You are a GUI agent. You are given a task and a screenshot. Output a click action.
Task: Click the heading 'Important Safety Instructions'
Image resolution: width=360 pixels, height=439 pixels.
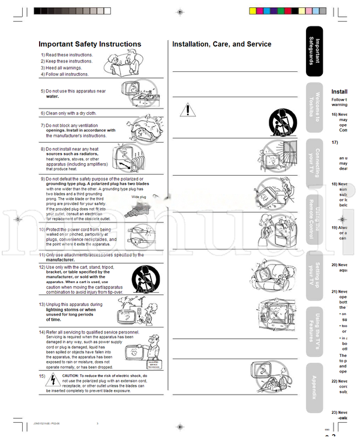(90, 44)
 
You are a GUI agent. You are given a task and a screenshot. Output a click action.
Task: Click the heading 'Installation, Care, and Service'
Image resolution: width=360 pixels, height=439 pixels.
(221, 44)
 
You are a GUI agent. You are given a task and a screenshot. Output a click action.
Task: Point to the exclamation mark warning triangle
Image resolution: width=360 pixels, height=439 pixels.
(188, 110)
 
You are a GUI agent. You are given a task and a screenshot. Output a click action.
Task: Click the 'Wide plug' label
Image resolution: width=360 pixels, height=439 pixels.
(139, 196)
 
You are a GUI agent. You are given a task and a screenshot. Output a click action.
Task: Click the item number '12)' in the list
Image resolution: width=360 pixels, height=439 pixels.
(42, 266)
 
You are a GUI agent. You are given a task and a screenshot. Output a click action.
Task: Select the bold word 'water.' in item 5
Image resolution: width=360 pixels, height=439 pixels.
(53, 96)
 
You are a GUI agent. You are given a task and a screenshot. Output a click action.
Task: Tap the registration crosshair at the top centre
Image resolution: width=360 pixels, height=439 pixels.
(181, 11)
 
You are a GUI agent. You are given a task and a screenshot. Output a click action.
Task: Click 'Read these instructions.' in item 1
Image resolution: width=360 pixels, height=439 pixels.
(70, 55)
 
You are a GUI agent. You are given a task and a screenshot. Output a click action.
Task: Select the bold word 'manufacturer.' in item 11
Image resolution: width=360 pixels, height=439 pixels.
(61, 260)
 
